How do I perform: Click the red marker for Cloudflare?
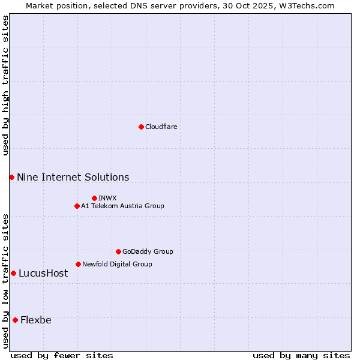(x=141, y=127)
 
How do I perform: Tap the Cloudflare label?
(x=161, y=127)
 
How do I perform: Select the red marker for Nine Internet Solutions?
(x=11, y=177)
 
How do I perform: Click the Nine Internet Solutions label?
(x=73, y=177)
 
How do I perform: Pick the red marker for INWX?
(x=94, y=198)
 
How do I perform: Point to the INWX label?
(x=107, y=198)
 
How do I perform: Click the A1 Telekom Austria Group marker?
(x=77, y=206)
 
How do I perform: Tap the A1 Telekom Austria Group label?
(x=122, y=206)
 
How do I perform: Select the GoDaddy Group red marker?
(x=118, y=251)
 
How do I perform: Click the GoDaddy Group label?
(x=148, y=251)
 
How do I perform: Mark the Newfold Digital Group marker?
(x=78, y=264)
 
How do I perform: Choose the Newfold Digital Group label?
(x=117, y=264)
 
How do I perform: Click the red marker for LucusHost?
(x=13, y=273)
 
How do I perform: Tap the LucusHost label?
(x=43, y=273)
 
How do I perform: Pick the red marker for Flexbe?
(x=15, y=320)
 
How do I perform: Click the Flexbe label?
(x=36, y=320)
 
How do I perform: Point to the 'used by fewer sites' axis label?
(x=62, y=355)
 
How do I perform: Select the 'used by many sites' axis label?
(x=301, y=355)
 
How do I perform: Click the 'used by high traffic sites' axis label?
(x=5, y=85)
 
